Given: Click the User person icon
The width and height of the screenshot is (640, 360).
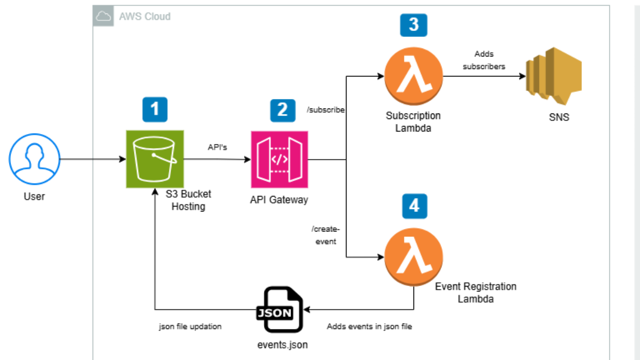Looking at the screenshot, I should pos(34,159).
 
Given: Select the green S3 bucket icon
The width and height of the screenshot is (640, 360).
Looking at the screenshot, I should pos(154,159).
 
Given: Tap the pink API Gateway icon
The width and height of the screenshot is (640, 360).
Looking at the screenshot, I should pos(279,159).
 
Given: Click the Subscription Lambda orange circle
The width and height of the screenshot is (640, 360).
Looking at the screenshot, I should pos(413,76).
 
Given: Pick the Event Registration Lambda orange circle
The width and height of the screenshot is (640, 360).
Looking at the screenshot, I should pos(413,258).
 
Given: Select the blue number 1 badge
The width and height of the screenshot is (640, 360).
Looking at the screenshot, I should pos(154,109).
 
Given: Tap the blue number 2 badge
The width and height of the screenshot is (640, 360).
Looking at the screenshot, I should pos(282,110).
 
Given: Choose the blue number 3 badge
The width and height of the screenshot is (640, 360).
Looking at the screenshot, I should pos(413,24).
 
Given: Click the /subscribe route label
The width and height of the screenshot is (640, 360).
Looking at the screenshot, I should pos(325,110).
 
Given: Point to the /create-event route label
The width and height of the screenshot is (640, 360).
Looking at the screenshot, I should pos(325,235).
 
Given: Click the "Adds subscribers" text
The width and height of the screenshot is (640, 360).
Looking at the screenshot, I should pos(483,60).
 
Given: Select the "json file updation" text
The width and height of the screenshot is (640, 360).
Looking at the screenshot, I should pos(190,326).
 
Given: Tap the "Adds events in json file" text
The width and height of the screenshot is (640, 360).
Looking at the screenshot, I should pos(369,326).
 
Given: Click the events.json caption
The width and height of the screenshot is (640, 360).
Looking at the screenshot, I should pos(282,345).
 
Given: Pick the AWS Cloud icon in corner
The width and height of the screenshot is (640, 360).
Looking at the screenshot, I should pos(103,16).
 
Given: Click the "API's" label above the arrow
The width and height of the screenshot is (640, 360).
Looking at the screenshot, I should pos(217,147).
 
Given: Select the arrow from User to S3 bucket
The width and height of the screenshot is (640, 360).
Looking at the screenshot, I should pos(92,159).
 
